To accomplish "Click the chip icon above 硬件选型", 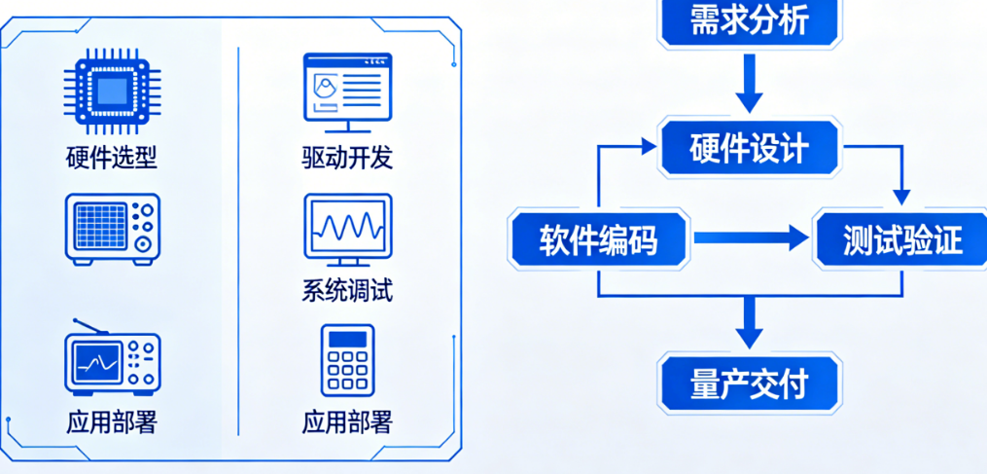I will (x=112, y=91).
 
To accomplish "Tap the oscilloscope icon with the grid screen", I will (x=112, y=228).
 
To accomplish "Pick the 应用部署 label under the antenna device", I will (x=112, y=422).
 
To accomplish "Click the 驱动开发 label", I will (x=347, y=157).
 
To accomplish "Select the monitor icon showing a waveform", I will (x=347, y=229).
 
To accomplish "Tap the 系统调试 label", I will (x=347, y=290).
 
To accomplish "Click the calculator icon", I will (x=347, y=360).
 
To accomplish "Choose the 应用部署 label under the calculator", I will (x=347, y=422).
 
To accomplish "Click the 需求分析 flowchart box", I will (x=748, y=21).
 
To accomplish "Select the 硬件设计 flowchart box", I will (x=748, y=149).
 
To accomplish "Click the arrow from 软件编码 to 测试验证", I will (x=749, y=237).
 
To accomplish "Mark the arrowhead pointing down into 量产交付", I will (x=748, y=335).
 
